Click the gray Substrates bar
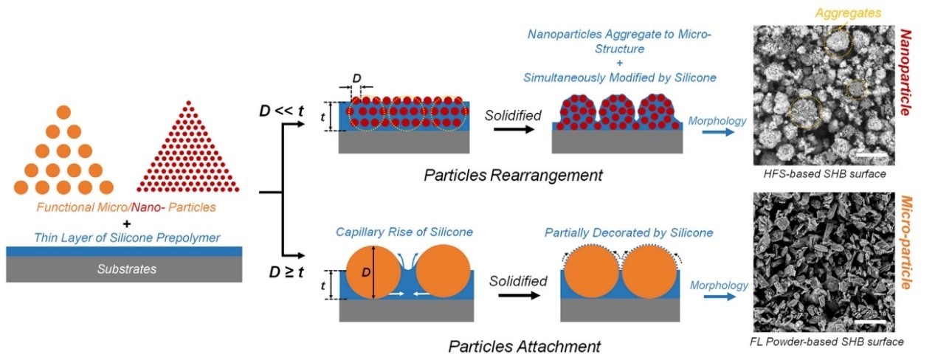pos(126,269)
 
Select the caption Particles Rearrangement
pos(513,176)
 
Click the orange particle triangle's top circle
pos(63,113)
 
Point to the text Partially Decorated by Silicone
pos(629,232)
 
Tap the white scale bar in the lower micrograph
pos(871,322)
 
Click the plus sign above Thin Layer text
pos(126,223)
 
